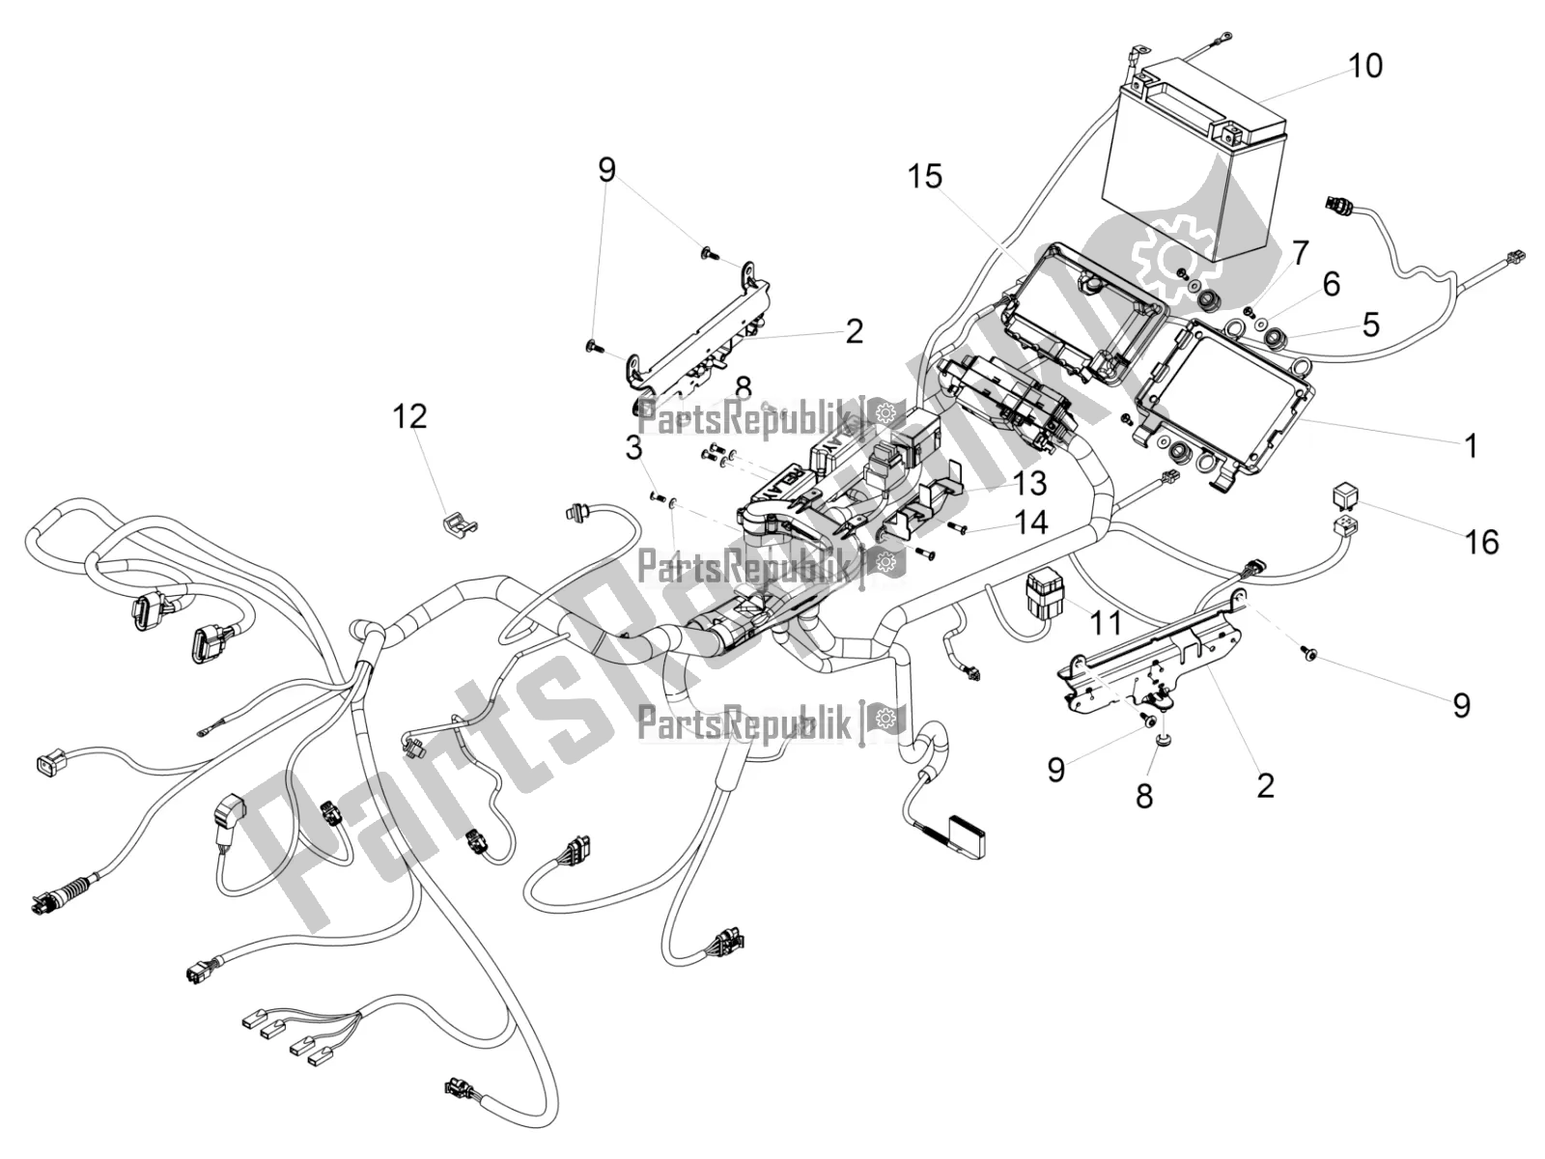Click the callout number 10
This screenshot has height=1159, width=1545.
(x=1365, y=66)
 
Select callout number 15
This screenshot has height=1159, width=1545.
(x=924, y=177)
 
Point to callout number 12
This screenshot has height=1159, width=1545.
(x=409, y=417)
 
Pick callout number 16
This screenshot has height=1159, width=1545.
(x=1482, y=542)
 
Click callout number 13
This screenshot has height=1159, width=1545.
(x=1029, y=482)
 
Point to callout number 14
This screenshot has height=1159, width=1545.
(x=1030, y=523)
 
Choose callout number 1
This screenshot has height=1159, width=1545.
(x=1471, y=446)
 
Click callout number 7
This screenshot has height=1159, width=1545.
(x=1300, y=254)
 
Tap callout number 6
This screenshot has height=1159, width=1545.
(x=1332, y=284)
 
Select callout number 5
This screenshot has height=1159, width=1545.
(x=1370, y=325)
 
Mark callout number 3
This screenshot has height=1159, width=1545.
(x=633, y=448)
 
